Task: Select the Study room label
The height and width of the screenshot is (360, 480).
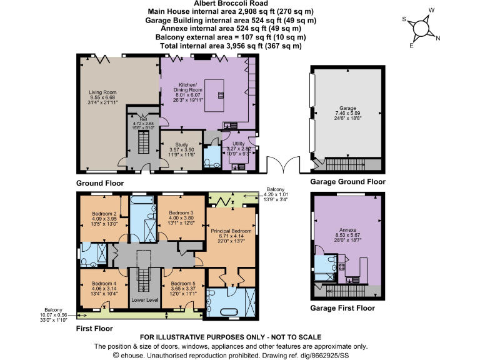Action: pyautogui.click(x=181, y=144)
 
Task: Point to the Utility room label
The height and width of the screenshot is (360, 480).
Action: pyautogui.click(x=238, y=144)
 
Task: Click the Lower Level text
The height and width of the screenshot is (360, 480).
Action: pyautogui.click(x=143, y=301)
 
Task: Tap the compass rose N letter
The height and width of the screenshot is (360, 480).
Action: pyautogui.click(x=437, y=39)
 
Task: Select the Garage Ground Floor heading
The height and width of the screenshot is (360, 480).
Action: pyautogui.click(x=347, y=182)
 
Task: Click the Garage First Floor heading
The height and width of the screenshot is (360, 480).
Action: pyautogui.click(x=342, y=308)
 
